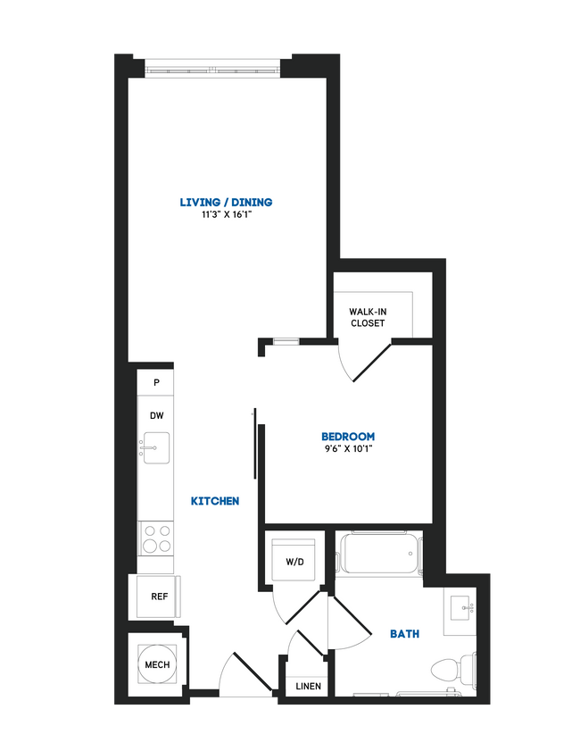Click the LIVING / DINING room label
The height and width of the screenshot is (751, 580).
point(226,202)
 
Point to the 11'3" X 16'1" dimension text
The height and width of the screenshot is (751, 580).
point(226,215)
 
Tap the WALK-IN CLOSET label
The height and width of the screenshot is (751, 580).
point(368,317)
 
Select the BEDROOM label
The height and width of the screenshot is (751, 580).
point(348,436)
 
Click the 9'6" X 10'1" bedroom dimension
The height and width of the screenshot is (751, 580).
point(348,449)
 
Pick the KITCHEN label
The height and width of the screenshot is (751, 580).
point(215,502)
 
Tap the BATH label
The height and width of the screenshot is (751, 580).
point(405,634)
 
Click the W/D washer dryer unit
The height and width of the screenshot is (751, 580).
point(294,562)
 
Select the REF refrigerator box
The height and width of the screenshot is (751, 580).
point(158,597)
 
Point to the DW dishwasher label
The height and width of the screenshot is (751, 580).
point(156,415)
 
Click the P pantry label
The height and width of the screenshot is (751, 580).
point(156,382)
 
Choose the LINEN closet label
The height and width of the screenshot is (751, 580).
point(309,686)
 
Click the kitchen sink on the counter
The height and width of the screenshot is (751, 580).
point(156,447)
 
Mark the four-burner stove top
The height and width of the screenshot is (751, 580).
point(157,539)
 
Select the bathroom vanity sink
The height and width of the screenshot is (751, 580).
point(465,608)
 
